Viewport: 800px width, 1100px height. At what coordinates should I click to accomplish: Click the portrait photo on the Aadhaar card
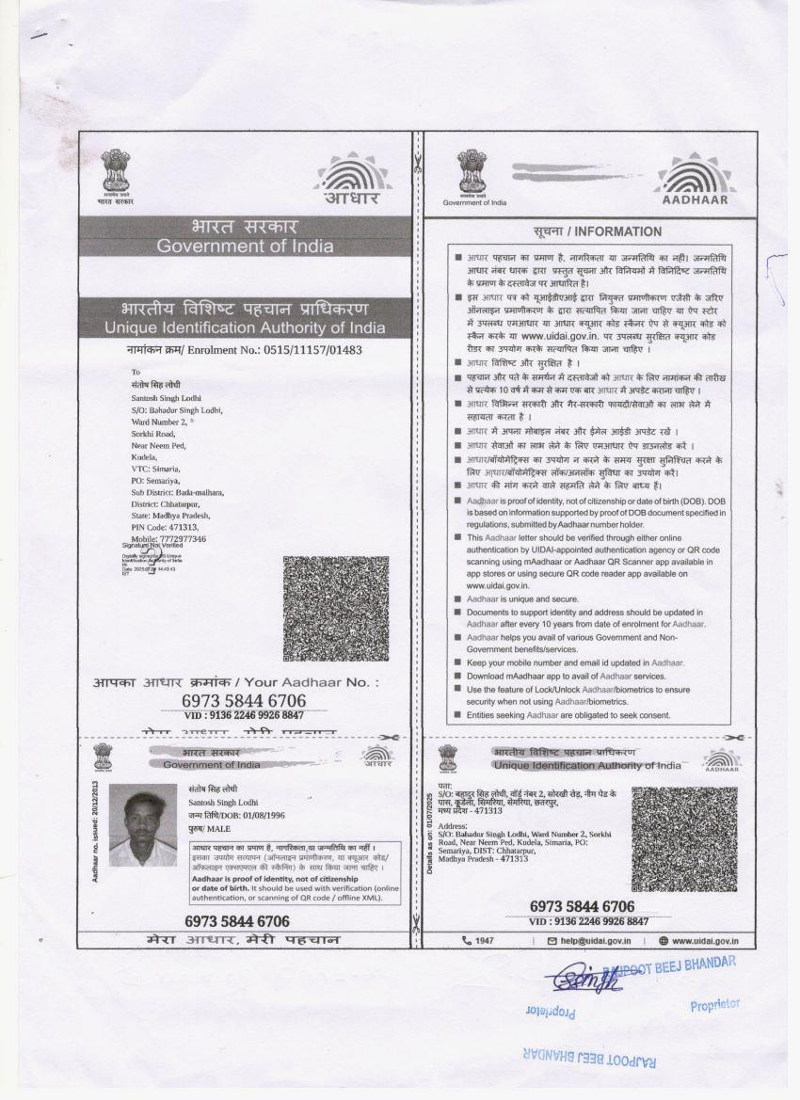click(143, 825)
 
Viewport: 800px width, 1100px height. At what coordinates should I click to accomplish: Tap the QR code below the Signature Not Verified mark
click(335, 608)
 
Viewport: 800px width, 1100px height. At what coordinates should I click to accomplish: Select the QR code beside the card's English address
click(684, 839)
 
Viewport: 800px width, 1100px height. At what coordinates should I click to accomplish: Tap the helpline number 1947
click(484, 940)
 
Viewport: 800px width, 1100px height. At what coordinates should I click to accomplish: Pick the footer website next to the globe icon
click(705, 940)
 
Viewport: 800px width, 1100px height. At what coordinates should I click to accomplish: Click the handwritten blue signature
click(586, 980)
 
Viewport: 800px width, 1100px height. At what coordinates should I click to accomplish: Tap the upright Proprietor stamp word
click(714, 1005)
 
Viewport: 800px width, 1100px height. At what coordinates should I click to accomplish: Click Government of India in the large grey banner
click(245, 247)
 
